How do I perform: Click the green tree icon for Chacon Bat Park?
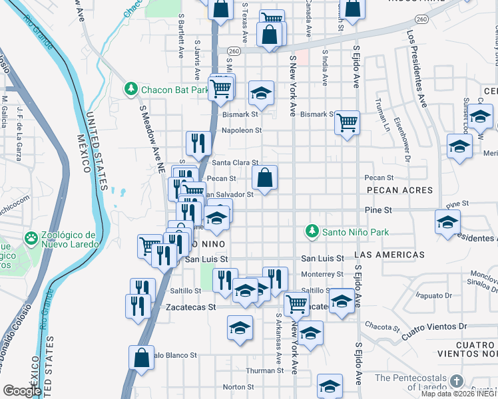[130, 88]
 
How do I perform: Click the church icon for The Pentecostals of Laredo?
[456, 380]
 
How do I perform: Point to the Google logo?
[22, 391]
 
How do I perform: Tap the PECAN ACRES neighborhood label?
[398, 190]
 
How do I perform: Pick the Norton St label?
[234, 387]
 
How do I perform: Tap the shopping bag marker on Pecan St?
[264, 178]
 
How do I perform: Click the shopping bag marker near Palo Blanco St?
[141, 358]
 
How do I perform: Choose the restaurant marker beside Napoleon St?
[198, 143]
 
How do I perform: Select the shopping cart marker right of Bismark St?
[346, 122]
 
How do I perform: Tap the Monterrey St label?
[322, 274]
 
